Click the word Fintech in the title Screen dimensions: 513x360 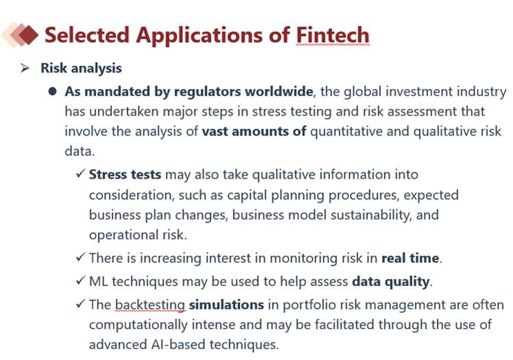[333, 35]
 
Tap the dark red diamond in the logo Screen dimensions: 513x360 [28, 35]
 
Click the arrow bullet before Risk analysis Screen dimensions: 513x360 [25, 68]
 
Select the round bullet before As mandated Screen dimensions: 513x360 [52, 91]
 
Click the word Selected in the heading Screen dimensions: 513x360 [87, 35]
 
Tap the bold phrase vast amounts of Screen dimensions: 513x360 [254, 131]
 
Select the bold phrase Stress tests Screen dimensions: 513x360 [125, 175]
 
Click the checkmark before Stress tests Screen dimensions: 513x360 [81, 173]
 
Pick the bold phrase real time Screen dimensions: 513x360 [410, 258]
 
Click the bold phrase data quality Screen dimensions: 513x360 [391, 282]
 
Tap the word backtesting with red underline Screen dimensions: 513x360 [151, 305]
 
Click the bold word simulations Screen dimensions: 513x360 [227, 305]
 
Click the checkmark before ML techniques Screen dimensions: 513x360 [81, 281]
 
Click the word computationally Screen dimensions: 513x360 [138, 325]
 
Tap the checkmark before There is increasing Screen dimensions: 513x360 [81, 257]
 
